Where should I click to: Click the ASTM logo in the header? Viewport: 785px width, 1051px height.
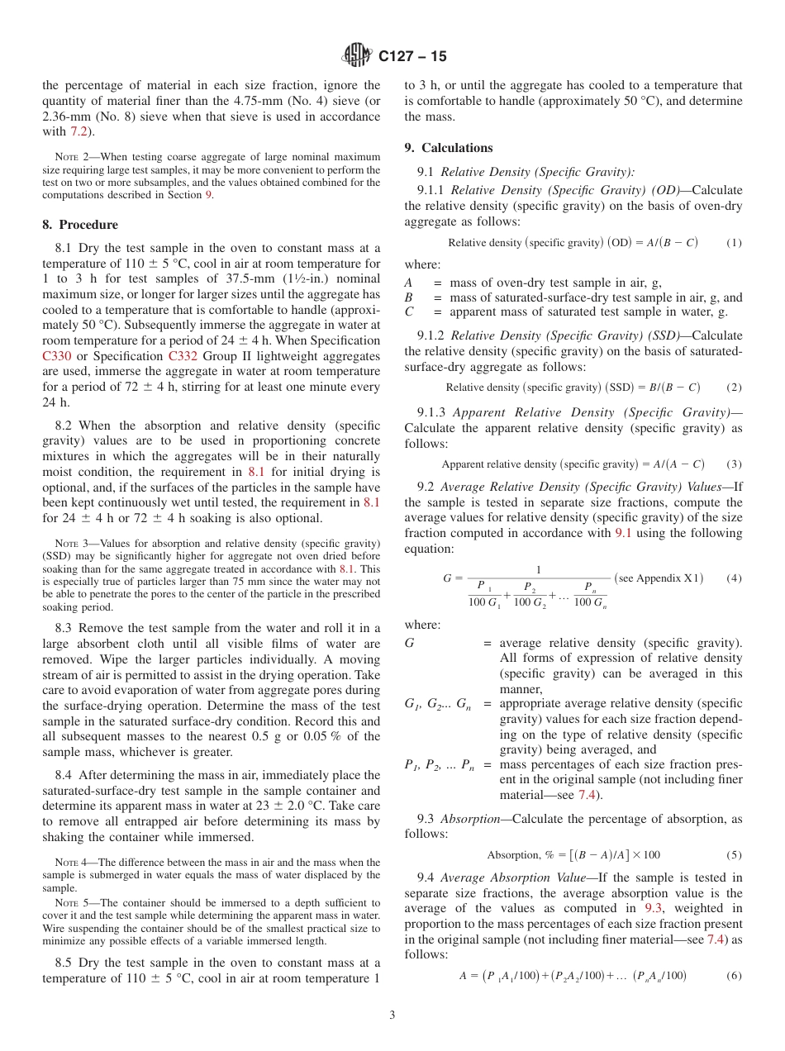point(358,56)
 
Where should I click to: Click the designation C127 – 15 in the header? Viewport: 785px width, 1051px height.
point(412,56)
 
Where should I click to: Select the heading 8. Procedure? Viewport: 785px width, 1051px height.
point(79,225)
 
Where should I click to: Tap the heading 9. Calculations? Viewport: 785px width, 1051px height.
point(448,148)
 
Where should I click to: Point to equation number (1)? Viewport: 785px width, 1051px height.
point(734,243)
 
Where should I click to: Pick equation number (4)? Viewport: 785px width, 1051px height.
point(734,578)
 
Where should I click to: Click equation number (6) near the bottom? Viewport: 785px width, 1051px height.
point(734,976)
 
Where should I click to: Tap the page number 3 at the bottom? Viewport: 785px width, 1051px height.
point(392,1015)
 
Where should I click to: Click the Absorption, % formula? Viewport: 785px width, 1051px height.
point(573,855)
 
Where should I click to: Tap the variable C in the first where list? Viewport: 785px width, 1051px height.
point(409,311)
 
